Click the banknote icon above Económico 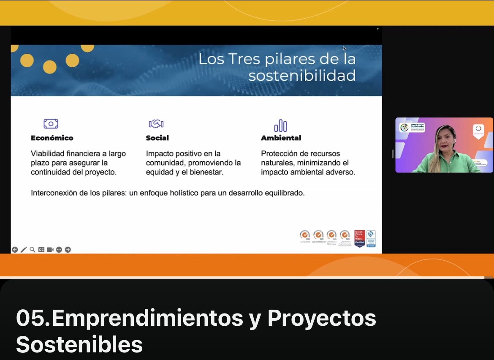click(51, 124)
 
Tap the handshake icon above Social click(156, 124)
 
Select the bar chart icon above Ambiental click(280, 125)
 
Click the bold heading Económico click(52, 138)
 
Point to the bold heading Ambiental click(281, 138)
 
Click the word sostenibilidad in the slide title click(301, 76)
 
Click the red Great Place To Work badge click(359, 238)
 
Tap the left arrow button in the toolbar click(15, 250)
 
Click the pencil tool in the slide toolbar click(24, 250)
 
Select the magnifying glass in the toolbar click(33, 250)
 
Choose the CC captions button click(41, 250)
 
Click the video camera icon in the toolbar click(50, 250)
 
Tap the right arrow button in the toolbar click(68, 250)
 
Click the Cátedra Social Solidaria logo click(413, 127)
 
